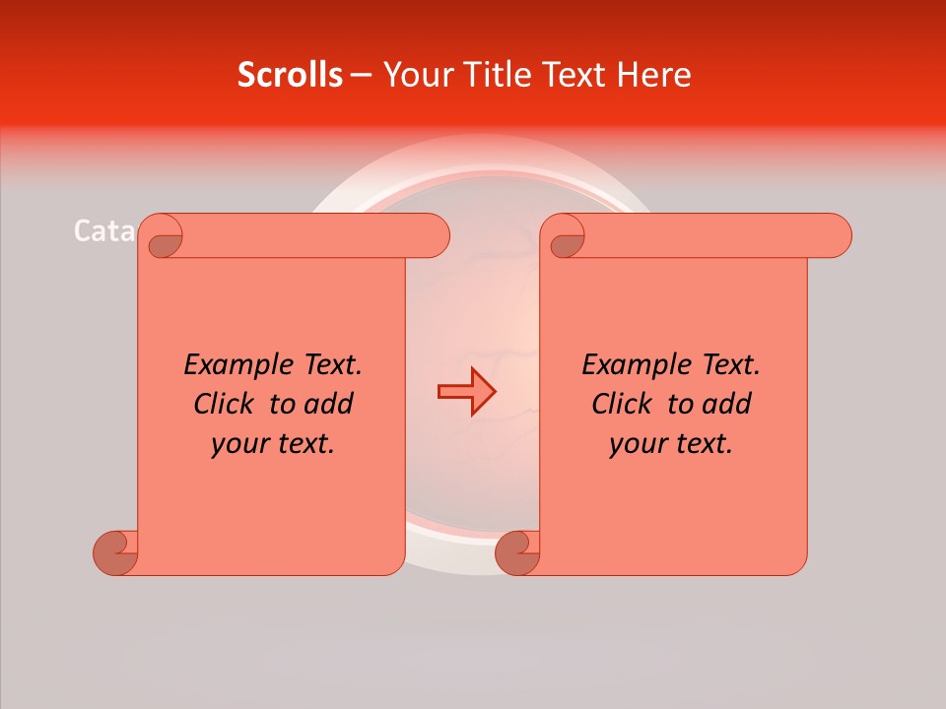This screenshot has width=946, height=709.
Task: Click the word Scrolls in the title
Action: (x=291, y=75)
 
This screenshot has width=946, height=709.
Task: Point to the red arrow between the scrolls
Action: (x=466, y=391)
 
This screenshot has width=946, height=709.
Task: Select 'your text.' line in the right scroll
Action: (x=671, y=444)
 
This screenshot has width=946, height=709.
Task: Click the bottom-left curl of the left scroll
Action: (x=116, y=552)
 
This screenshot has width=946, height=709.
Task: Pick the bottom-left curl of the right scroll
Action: (x=517, y=552)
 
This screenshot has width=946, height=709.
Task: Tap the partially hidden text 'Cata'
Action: (x=103, y=231)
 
